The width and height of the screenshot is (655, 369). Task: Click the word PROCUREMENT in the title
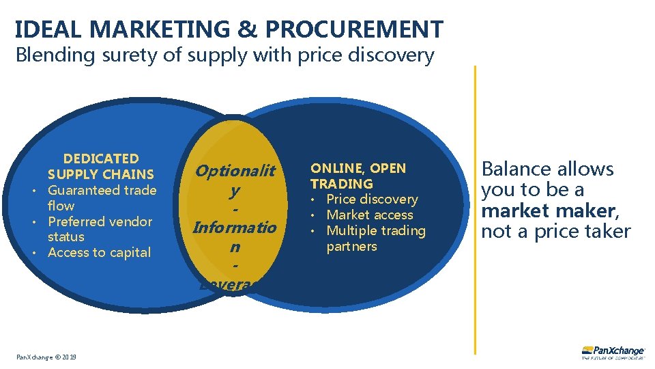coord(353,29)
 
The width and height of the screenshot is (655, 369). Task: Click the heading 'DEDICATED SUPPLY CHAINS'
coord(101,166)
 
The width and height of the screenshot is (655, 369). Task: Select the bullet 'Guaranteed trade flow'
coord(101,197)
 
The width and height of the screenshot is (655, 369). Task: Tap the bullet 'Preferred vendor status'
coord(100,229)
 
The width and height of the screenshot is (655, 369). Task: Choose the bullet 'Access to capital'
coord(99,252)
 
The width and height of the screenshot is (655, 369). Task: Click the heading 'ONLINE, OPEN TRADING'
coord(358,176)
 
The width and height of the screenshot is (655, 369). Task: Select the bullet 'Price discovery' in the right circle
coord(372,199)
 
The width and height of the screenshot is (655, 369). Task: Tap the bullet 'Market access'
coord(369,215)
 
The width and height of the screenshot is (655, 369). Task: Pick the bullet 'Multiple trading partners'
coord(375,238)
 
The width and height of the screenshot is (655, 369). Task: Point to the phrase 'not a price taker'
coord(555,232)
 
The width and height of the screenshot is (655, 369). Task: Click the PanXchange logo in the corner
coord(613,351)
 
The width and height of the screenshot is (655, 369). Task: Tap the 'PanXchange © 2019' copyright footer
coord(47,357)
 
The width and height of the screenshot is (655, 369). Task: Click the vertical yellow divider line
coord(475,205)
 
